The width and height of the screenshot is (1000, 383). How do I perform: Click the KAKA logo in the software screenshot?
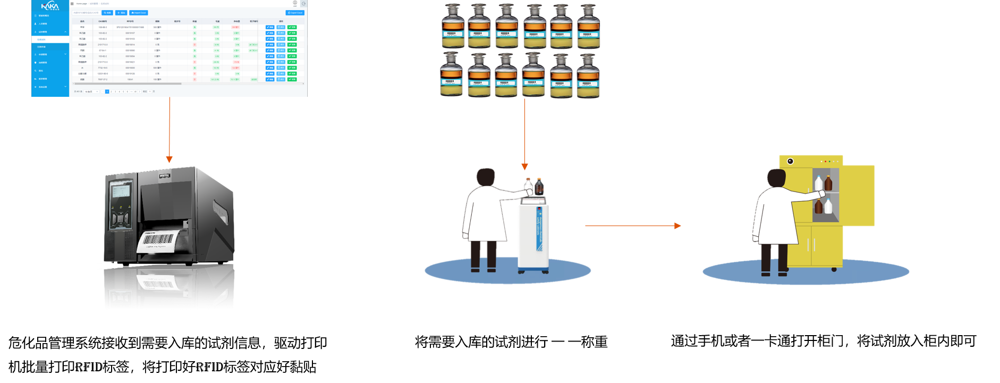point(50,6)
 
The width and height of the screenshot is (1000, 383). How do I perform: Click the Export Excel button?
point(295,13)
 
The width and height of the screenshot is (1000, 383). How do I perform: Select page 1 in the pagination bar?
point(107,91)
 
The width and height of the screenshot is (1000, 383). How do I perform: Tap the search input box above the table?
point(86,13)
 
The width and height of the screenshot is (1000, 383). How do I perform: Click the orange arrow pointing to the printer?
point(169,159)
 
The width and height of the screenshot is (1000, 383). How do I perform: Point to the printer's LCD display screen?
point(121,191)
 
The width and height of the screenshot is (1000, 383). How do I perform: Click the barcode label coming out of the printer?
point(158,240)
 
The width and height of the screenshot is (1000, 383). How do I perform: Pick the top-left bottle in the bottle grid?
point(453,27)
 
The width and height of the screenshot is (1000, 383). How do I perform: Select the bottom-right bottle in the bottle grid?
point(588,76)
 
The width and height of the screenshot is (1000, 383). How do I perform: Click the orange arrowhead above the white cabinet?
point(524,166)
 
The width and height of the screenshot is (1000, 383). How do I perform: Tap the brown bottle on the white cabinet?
point(539,187)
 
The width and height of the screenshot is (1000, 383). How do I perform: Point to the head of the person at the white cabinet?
point(485,177)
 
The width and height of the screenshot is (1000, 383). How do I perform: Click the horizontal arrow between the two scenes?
point(632,226)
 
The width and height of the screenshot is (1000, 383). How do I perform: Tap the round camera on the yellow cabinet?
point(790,161)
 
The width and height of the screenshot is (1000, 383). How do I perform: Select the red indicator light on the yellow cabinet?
point(825,161)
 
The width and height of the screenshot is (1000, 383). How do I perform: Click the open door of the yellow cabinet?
point(857,195)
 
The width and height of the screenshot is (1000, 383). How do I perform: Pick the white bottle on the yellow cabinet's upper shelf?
point(819,184)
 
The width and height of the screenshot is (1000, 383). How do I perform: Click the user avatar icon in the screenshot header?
point(295,3)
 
